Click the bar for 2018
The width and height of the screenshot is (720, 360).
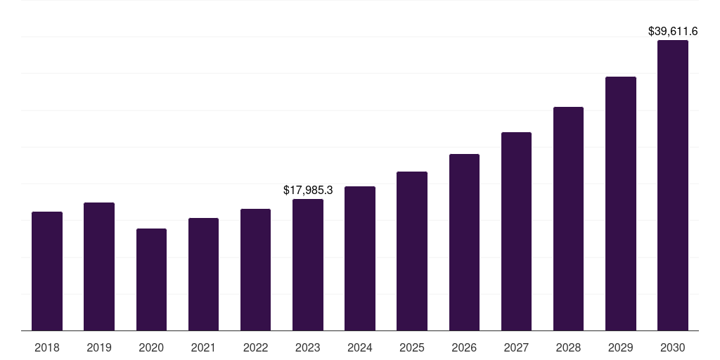pos(47,271)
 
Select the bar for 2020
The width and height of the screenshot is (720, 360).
pos(151,279)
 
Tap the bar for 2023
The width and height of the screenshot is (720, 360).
pos(308,264)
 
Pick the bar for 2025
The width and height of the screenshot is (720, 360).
pos(412,251)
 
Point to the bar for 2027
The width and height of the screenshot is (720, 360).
pos(516,231)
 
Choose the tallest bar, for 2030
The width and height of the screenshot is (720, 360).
pos(673,185)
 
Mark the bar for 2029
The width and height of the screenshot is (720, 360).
pos(621,203)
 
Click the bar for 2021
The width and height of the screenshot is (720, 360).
pos(203,274)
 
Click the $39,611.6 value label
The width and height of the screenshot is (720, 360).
pos(673,31)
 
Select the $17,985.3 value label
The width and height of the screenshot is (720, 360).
pos(308,190)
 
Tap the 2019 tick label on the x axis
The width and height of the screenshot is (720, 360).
pos(99,347)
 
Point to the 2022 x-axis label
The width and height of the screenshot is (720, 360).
pos(256,347)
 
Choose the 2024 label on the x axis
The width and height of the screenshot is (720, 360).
pos(360,347)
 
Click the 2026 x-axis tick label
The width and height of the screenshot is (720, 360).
pos(464,347)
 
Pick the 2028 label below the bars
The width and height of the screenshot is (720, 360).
pos(568,347)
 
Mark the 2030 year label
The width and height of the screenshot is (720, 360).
pos(673,347)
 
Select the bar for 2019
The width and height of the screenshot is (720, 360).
pos(99,266)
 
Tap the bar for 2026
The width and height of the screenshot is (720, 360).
pos(464,242)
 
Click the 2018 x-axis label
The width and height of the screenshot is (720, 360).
pos(47,347)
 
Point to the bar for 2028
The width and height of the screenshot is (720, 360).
pos(568,219)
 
